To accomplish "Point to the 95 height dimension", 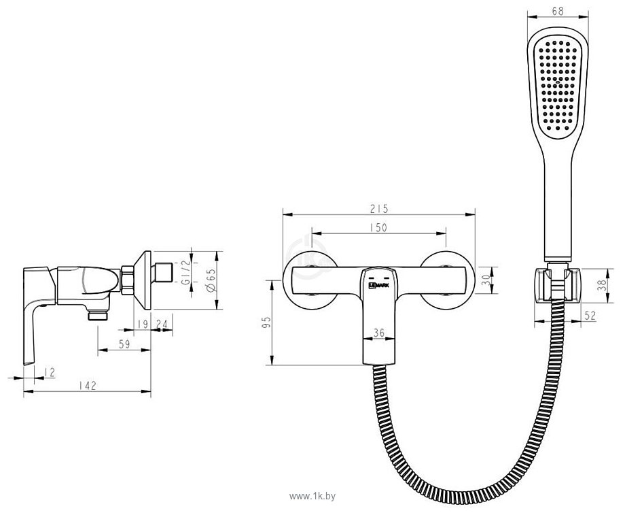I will tap(266, 322).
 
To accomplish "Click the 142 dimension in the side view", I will tap(88, 385).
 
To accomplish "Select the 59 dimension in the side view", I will tap(124, 344).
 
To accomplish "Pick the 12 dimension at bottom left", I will tap(50, 371).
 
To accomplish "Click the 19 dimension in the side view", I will tap(140, 324).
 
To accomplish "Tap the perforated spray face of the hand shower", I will tap(556, 82).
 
